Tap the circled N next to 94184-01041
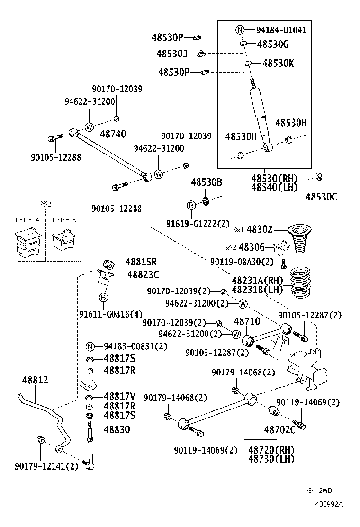[241, 30]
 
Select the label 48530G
[272, 45]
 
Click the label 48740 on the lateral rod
[113, 134]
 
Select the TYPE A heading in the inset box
[27, 220]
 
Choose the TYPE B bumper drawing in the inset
[63, 242]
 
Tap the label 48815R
[141, 262]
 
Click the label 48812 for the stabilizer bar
[35, 380]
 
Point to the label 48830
[117, 429]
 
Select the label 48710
[247, 321]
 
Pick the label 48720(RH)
[271, 449]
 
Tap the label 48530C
[321, 197]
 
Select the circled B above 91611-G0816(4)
[104, 297]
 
